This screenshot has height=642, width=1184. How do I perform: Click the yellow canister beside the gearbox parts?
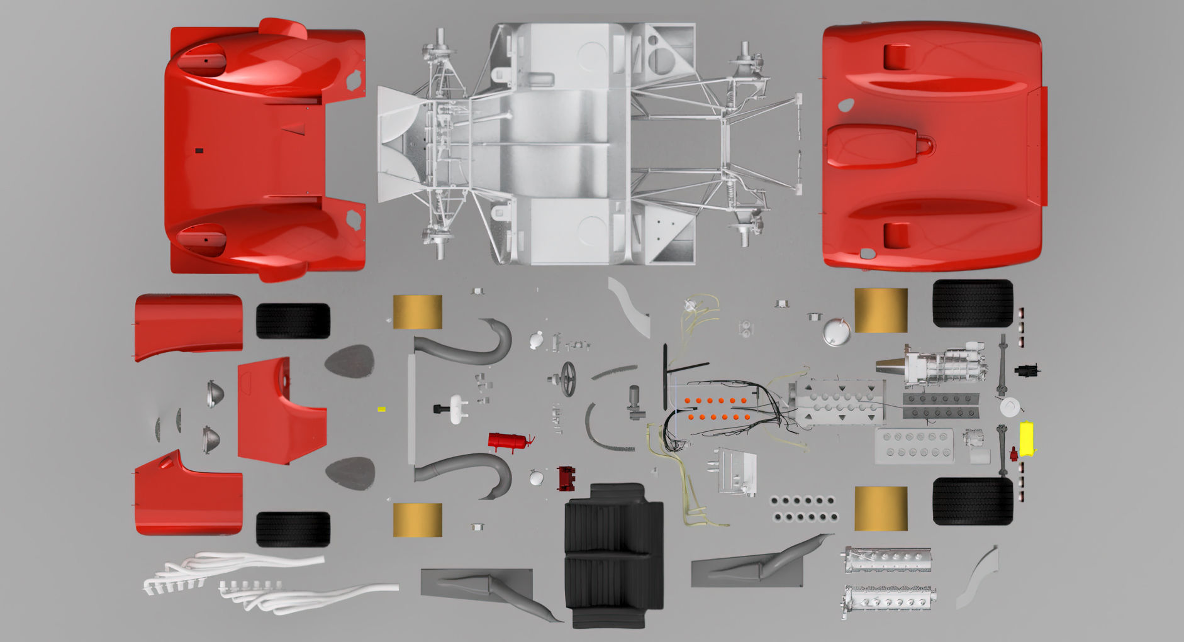(1027, 438)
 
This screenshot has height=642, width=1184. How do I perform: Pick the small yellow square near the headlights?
(381, 409)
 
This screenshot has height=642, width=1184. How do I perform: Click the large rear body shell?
(931, 146)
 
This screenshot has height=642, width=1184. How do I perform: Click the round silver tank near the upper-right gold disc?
(836, 331)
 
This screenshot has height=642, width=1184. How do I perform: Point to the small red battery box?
(566, 478)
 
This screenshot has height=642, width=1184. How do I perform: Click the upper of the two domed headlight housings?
(215, 394)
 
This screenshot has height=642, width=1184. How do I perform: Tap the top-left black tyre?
(293, 321)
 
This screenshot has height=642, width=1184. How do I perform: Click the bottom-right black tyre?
(972, 501)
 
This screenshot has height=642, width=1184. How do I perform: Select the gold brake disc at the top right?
(881, 310)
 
